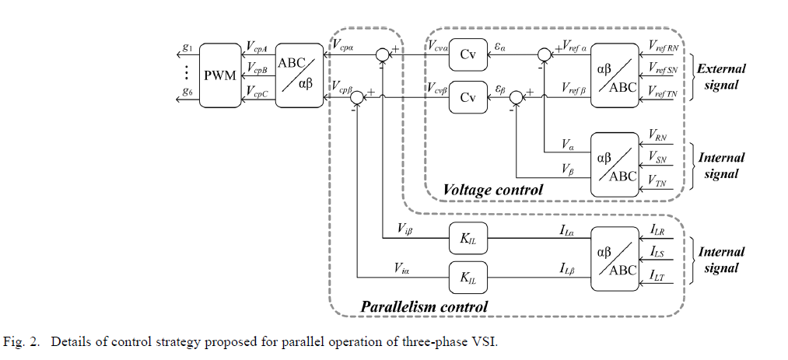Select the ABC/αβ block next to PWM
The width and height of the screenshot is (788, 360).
299,75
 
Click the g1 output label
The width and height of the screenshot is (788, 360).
187,48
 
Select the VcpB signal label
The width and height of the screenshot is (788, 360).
257,70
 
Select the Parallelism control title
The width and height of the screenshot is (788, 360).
424,306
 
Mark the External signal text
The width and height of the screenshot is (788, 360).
721,76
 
